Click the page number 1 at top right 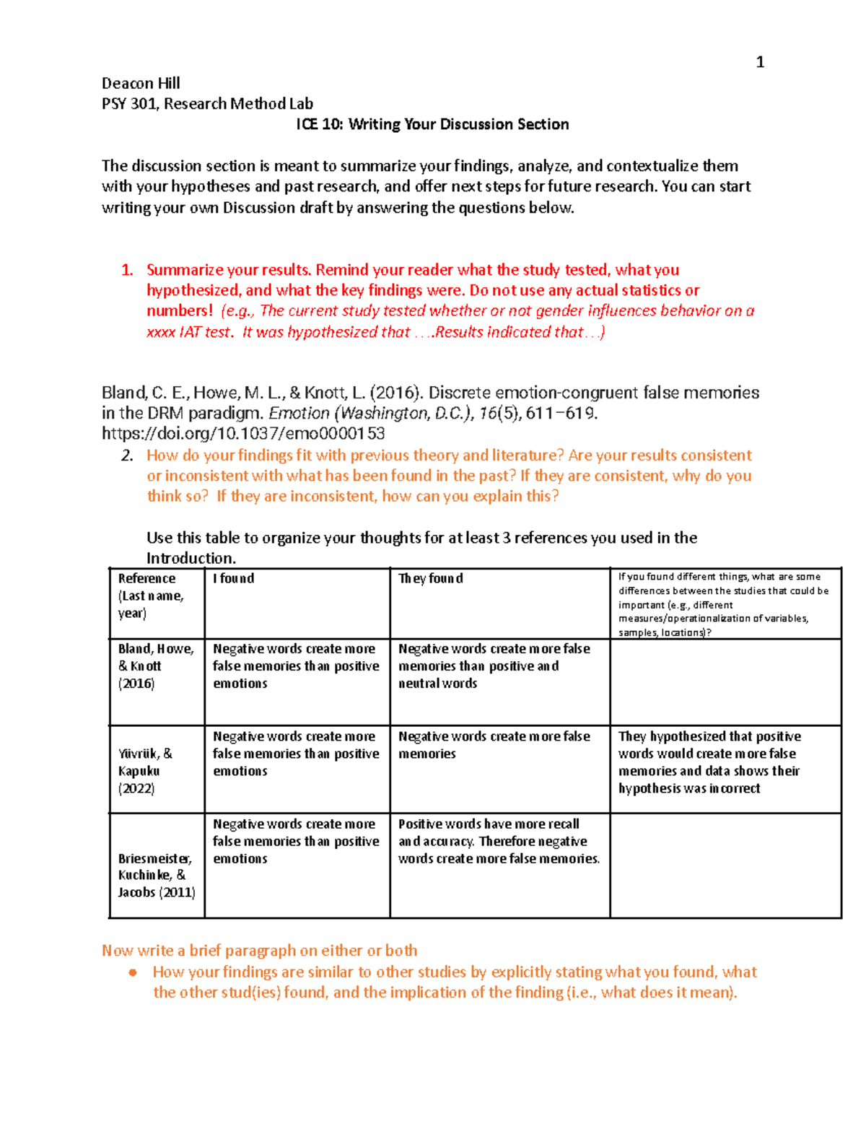click(759, 62)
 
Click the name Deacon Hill click(141, 83)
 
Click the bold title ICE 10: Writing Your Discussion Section click(432, 124)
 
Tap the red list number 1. click(127, 270)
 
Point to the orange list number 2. click(127, 455)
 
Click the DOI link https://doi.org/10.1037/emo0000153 click(243, 434)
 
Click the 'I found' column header click(233, 578)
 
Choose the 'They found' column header click(431, 578)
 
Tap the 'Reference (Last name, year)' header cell click(151, 596)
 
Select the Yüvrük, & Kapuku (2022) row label click(145, 771)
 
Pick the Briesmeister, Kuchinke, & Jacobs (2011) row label click(156, 875)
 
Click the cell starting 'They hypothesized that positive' click(709, 762)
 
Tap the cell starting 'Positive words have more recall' click(499, 841)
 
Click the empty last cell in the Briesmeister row click(725, 865)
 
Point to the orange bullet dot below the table click(132, 972)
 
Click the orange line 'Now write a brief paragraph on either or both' click(259, 951)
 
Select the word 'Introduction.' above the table click(191, 558)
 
